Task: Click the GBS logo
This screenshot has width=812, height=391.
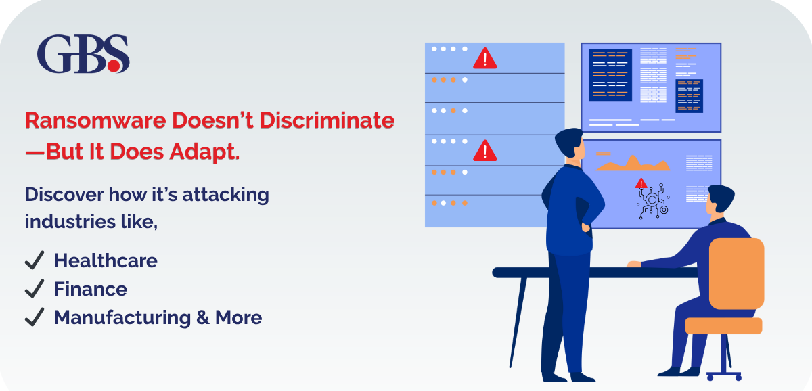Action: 83,55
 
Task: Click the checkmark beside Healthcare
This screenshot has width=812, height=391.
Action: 34,260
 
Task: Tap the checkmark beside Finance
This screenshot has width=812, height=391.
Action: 34,289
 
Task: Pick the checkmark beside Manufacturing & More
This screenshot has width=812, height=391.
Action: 34,317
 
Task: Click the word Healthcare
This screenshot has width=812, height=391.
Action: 106,260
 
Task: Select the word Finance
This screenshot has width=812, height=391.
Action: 91,289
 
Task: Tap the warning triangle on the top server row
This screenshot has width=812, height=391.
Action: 484,58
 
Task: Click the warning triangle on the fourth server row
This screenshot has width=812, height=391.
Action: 484,150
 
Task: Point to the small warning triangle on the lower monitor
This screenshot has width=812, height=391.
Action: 641,183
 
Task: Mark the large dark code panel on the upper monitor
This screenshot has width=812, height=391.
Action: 610,74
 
